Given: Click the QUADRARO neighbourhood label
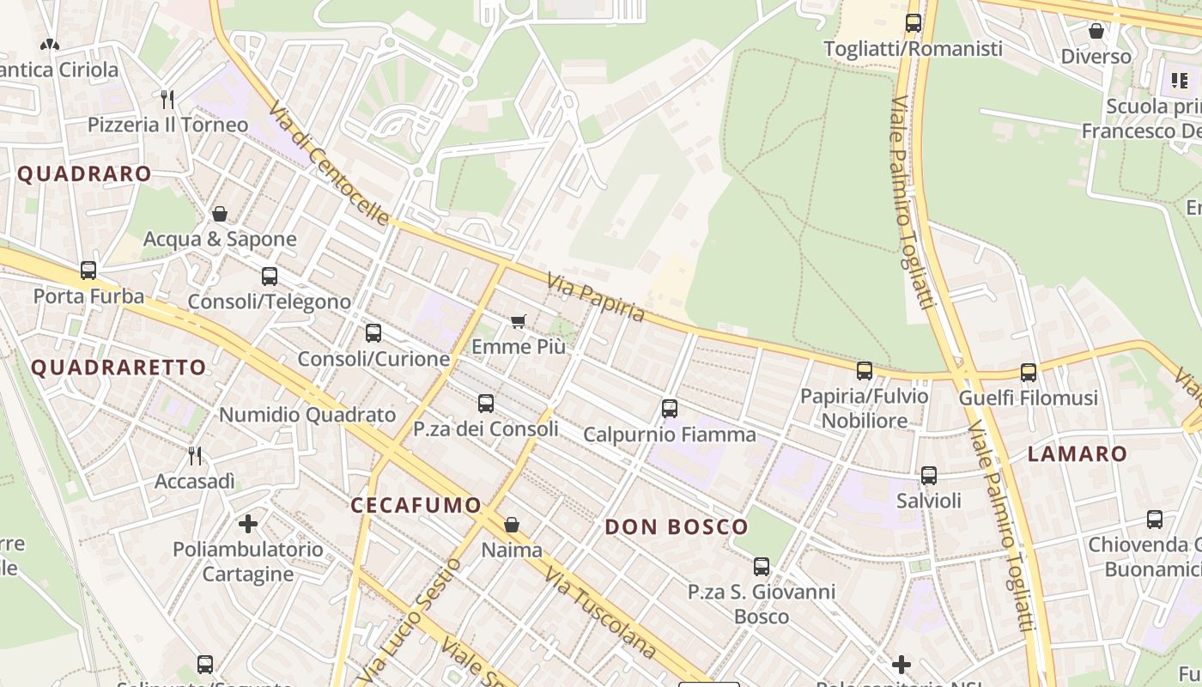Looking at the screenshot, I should pos(84,173).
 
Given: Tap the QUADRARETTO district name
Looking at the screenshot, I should pos(118,368).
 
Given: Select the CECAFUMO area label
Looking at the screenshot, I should pos(416,505).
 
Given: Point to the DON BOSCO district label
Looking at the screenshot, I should pos(677,527).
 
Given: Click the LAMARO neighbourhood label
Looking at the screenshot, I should pos(1077,454).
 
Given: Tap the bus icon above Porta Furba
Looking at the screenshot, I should pos(88,271).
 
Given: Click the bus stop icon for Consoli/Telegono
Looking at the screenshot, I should pos(270,277).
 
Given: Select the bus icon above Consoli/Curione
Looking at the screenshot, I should pos(373,333).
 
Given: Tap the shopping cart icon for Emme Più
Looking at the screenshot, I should pos(518,321).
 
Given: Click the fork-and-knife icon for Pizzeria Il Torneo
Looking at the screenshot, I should pos(167,100).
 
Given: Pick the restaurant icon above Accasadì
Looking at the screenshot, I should pos(195,455).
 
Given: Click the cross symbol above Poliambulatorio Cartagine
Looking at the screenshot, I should pos(248,523).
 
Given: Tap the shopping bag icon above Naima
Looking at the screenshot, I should pos(512,524).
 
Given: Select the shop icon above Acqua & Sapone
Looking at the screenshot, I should pos(220,214).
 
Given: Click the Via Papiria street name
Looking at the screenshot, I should pos(596,297).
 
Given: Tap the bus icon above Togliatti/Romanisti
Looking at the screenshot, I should pos(914,23).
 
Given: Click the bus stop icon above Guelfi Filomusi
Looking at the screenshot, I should pos(1029,373).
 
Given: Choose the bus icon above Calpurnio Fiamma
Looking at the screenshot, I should pos(670,409).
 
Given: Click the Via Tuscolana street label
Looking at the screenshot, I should pos(599,614).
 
